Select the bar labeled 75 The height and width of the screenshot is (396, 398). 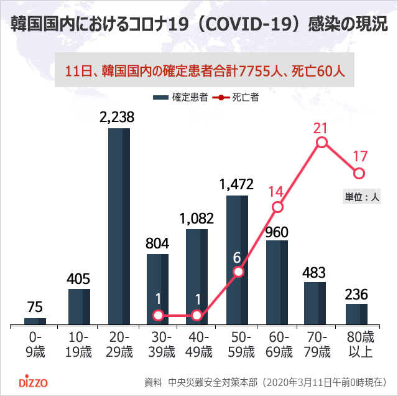[x=35, y=321]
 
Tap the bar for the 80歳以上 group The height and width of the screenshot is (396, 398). [x=356, y=314]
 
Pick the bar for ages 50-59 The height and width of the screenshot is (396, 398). [x=237, y=260]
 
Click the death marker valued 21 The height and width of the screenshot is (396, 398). [x=322, y=143]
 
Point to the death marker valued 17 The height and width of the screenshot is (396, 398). [x=359, y=172]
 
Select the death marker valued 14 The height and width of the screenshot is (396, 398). [x=278, y=206]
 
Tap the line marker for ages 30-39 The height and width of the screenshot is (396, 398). [x=158, y=316]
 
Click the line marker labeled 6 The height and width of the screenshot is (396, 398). [x=238, y=271]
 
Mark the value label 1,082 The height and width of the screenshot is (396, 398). [x=197, y=218]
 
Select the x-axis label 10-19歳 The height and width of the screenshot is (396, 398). [x=78, y=344]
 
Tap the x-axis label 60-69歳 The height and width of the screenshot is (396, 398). [x=277, y=344]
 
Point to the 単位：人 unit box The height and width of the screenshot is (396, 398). [x=362, y=196]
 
